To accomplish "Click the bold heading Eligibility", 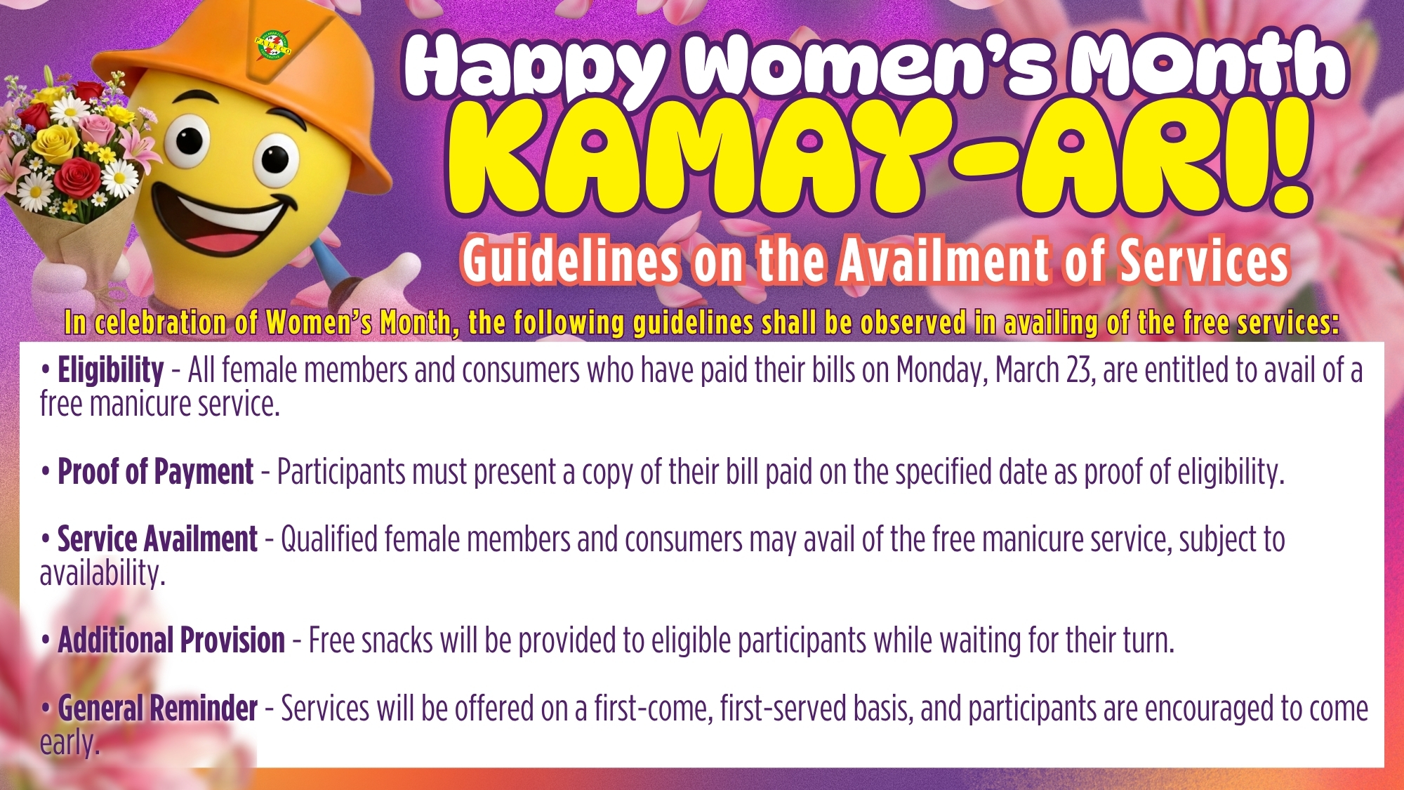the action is [110, 369].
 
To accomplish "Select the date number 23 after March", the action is [1080, 370].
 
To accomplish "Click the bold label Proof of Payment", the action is [155, 471].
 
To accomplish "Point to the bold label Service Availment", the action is [157, 539].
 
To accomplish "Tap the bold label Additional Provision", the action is [171, 640].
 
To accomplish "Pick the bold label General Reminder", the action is [157, 708].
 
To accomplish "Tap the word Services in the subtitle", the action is [1203, 261].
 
